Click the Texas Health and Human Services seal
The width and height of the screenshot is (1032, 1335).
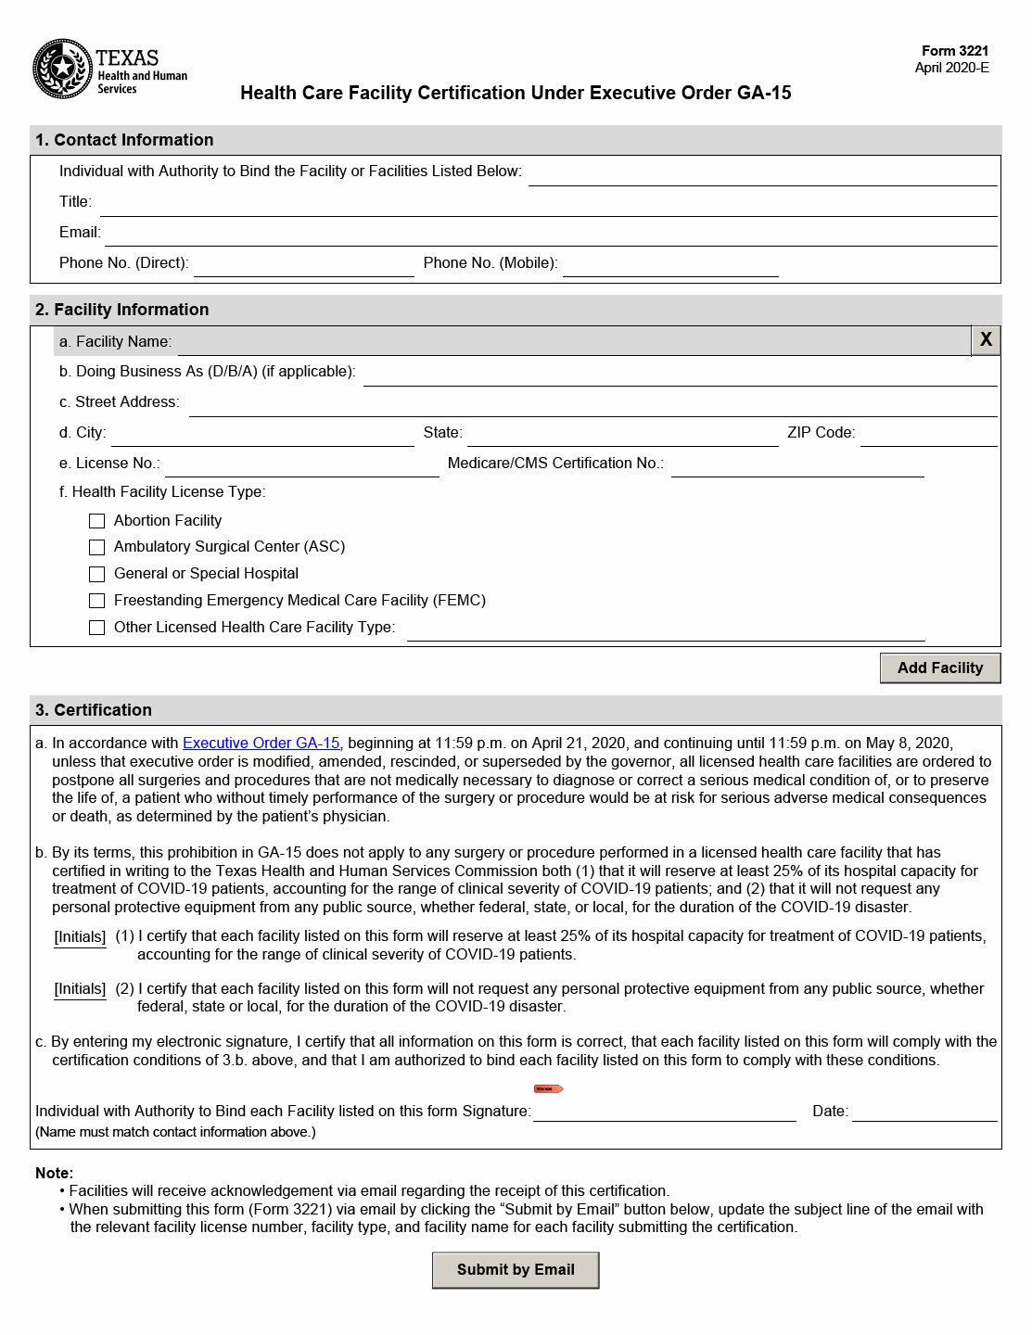click(62, 69)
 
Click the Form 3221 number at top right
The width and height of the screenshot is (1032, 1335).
click(955, 51)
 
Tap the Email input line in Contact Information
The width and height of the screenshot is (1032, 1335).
click(550, 234)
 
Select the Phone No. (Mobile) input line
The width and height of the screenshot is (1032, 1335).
click(669, 264)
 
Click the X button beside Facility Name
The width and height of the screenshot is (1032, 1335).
click(986, 340)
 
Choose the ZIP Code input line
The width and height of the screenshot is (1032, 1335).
click(928, 434)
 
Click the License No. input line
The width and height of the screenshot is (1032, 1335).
click(301, 464)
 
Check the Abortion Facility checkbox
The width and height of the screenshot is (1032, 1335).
click(97, 521)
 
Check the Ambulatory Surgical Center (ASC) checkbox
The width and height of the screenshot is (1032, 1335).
click(97, 548)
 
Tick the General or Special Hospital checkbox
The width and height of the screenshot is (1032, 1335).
click(97, 574)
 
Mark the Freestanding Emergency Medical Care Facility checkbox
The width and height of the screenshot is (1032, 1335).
click(97, 601)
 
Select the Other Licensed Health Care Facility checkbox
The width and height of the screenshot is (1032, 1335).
click(97, 628)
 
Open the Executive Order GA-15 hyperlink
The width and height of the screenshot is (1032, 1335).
click(261, 744)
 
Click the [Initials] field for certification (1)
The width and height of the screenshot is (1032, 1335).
click(80, 937)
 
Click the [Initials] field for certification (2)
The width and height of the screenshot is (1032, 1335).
click(80, 989)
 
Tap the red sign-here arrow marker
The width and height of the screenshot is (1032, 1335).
click(549, 1088)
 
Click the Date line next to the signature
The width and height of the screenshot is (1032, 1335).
click(924, 1111)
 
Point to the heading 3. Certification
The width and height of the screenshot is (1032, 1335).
click(94, 710)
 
